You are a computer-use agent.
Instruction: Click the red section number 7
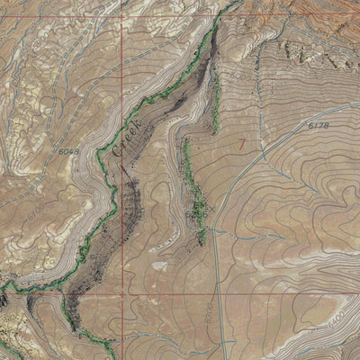[x=240, y=143]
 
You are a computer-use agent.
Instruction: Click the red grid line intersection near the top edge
[x=121, y=14]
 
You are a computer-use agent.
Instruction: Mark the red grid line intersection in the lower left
[x=121, y=293]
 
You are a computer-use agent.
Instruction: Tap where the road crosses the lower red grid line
[x=219, y=293]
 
